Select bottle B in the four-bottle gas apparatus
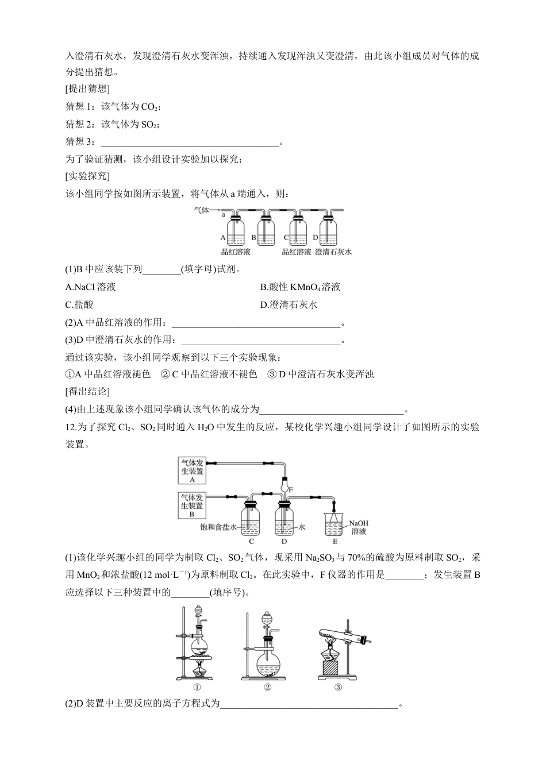[266, 233]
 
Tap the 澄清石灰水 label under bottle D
[333, 252]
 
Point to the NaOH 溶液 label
[358, 527]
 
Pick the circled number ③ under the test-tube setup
[337, 687]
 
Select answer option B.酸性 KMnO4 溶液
[300, 287]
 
